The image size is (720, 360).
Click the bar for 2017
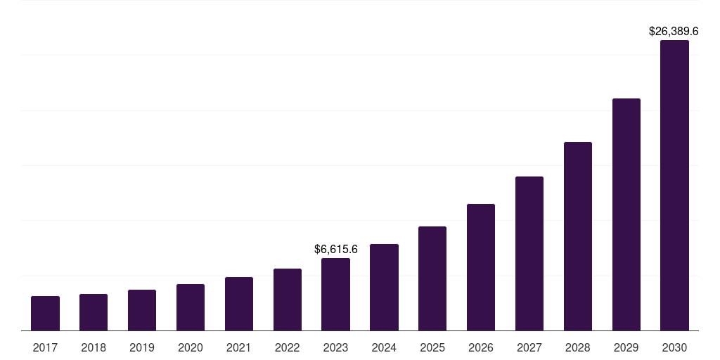coord(45,314)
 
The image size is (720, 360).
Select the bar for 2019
coord(142,310)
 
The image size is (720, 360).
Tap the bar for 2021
coord(239,304)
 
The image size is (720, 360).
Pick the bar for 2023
coord(335,295)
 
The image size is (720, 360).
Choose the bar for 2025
coord(432,278)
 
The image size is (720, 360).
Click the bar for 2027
coord(529,254)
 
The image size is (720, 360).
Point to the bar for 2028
coord(578,236)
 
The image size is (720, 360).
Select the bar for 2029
coord(626,214)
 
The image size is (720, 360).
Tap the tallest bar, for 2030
coord(674,186)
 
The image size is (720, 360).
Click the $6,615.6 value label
coord(336,249)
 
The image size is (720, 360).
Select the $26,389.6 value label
coord(673,32)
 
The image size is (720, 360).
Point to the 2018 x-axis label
coord(94,347)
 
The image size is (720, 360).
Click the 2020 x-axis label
coord(191,347)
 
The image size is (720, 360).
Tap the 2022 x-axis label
coord(288,347)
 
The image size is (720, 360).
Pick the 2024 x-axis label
coord(384,347)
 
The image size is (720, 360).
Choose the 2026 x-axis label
coord(481,347)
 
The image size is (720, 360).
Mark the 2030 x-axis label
coord(674,347)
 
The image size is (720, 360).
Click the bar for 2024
coord(384,288)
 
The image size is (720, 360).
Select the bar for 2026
coord(481,267)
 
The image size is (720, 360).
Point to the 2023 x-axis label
coord(335,347)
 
